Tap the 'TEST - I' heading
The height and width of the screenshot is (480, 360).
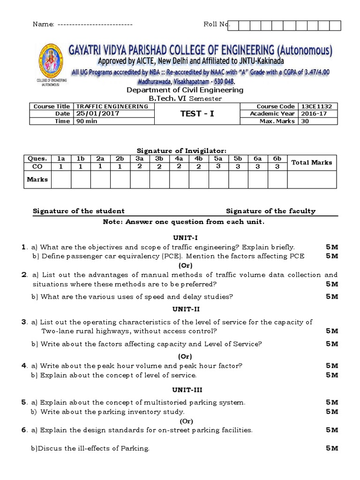pos(197,113)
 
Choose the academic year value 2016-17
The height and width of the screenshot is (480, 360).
pos(312,113)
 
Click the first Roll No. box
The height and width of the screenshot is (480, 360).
pos(233,25)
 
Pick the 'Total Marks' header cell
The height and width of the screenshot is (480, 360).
pos(312,162)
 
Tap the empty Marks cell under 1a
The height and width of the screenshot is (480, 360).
pos(61,179)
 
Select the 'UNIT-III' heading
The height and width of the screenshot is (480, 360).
pos(181,390)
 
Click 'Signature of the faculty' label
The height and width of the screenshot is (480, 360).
pos(270,211)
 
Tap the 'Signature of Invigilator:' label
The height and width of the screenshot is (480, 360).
pos(181,150)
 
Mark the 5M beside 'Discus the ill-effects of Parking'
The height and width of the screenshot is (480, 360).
pos(332,449)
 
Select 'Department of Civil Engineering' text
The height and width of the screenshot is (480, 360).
pos(179,90)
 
